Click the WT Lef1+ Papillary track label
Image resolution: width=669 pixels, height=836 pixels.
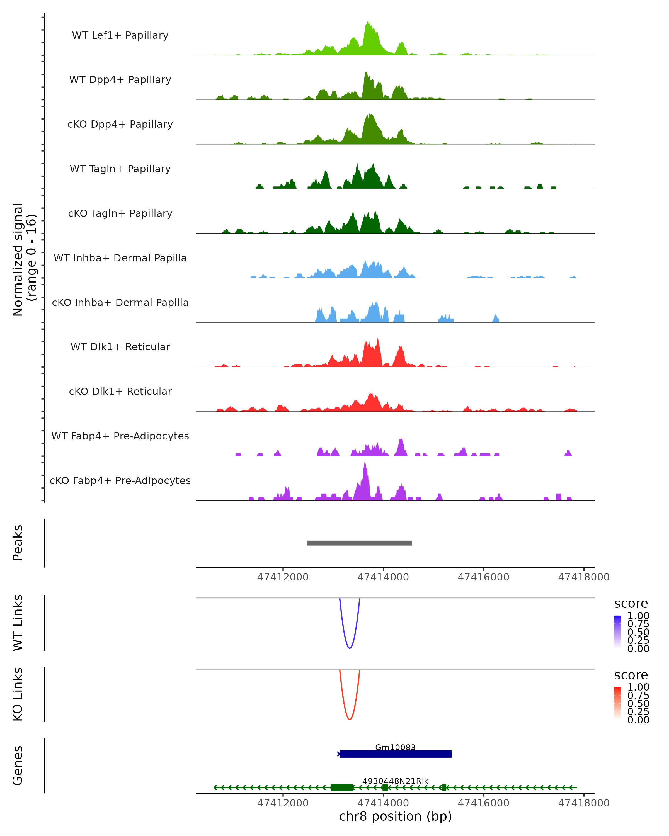[x=120, y=35]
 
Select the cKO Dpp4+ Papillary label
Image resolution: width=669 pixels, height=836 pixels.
[x=120, y=124]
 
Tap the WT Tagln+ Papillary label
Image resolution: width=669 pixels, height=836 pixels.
[x=120, y=169]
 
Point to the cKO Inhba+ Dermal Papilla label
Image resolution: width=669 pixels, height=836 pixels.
[x=120, y=302]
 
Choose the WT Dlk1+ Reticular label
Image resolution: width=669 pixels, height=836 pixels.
[x=120, y=347]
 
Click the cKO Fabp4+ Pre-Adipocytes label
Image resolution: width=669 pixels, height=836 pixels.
[x=120, y=480]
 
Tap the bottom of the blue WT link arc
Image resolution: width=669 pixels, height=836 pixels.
[x=350, y=648]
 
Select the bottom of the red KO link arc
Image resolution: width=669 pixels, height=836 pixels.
[x=350, y=719]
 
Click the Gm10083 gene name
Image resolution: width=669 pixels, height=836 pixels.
[x=395, y=747]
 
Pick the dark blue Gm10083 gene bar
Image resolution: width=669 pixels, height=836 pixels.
[x=395, y=754]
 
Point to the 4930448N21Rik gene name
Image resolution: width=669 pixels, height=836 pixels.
[x=395, y=781]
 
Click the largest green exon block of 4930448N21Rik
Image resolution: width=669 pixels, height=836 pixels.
[x=341, y=788]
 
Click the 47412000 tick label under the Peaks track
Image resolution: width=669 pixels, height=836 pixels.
[x=283, y=577]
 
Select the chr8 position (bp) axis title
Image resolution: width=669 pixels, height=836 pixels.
[x=395, y=816]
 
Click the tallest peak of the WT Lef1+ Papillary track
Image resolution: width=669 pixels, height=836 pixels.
[x=368, y=22]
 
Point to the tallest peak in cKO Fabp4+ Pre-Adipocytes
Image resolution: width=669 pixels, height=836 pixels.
[x=365, y=463]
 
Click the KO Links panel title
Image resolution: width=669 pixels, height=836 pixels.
[x=18, y=694]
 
